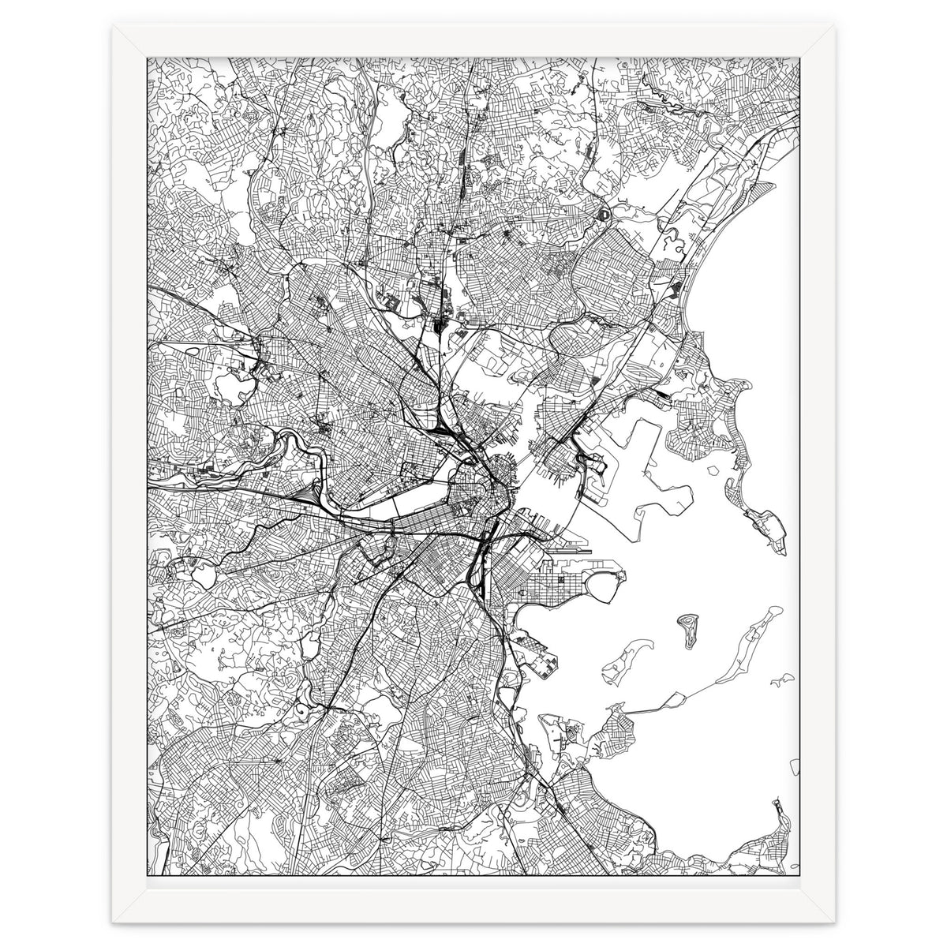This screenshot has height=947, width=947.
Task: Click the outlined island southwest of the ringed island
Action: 618,667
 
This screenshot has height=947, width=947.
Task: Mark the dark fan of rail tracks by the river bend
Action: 304,496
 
